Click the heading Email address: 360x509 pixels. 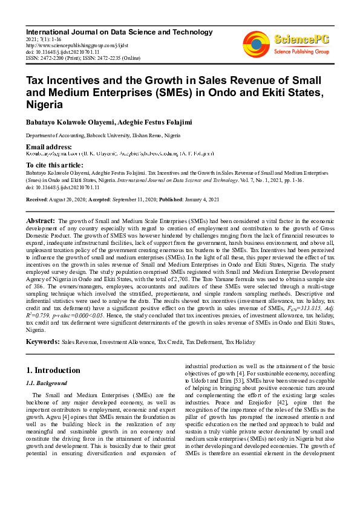48,147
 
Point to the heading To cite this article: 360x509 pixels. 55,165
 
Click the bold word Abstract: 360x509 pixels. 41,222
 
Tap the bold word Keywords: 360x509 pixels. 42,342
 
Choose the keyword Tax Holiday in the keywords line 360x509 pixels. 240,342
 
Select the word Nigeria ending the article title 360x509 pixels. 46,105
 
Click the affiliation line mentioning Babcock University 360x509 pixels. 103,137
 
